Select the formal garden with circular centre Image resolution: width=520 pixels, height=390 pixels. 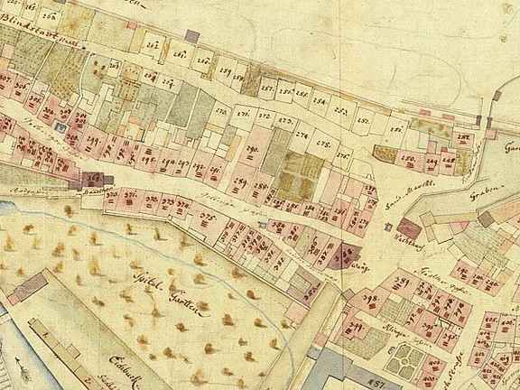pos(403,361)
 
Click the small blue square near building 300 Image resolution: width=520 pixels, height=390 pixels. pos(60,128)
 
